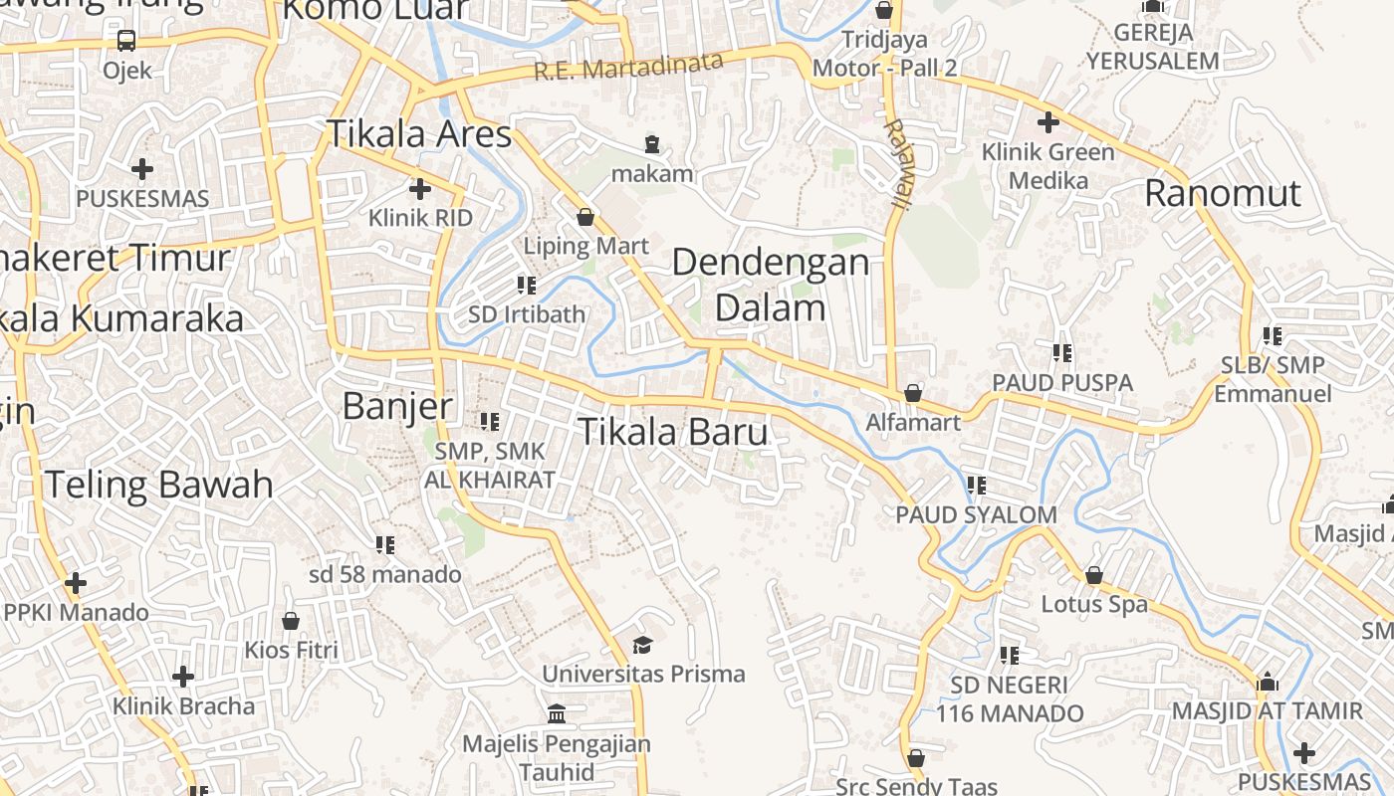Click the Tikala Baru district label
673,432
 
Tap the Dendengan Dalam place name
771,285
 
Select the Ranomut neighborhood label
1222,193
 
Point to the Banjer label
397,406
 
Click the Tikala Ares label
419,133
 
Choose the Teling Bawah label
158,485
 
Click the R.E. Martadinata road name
628,67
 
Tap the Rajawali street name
898,164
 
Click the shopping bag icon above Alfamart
913,393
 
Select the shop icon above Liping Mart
585,216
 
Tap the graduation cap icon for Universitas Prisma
642,645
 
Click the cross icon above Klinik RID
420,188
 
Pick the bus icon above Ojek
126,41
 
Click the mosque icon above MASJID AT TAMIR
1268,683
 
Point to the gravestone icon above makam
652,144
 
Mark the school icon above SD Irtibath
527,287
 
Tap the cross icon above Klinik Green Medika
1047,123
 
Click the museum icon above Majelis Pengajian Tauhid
557,713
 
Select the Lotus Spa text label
1094,604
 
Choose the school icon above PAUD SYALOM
977,486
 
